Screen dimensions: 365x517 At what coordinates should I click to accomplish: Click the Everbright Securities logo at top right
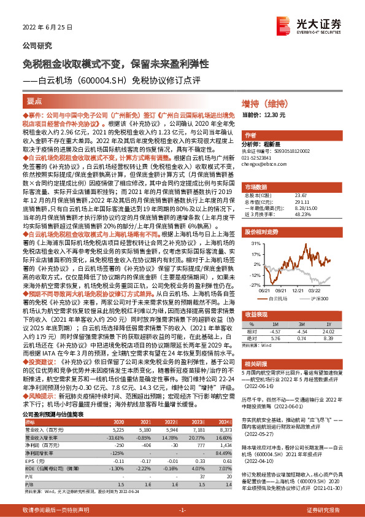325,25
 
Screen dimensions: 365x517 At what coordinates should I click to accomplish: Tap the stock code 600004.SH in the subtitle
94,80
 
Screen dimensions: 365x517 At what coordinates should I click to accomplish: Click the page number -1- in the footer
182,510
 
